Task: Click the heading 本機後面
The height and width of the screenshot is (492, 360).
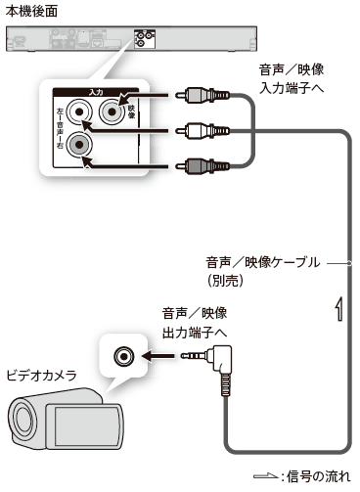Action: coord(31,12)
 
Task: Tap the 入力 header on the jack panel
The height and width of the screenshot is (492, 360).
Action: coord(96,92)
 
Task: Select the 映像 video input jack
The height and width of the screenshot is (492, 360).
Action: coord(112,112)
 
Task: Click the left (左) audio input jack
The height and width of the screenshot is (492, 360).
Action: coord(79,112)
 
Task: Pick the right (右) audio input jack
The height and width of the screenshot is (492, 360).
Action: coord(79,144)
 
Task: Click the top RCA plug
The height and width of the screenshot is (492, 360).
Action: coord(202,96)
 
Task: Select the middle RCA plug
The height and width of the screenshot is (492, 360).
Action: coord(202,131)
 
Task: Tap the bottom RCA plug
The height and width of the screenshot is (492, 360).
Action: coord(202,166)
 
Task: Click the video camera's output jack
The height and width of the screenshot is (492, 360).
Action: coord(124,356)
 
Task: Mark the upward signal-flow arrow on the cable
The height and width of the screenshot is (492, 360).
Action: coord(339,309)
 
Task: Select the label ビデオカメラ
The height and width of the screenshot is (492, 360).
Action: coord(41,376)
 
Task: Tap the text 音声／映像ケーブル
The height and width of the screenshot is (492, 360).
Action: coord(263,262)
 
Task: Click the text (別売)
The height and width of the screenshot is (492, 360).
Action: coord(225,281)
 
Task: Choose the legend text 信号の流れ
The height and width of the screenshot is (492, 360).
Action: coord(318,476)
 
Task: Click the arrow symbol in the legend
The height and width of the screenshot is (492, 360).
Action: coord(265,476)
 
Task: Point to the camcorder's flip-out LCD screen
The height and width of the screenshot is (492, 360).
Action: coord(86,426)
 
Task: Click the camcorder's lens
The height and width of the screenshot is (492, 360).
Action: coord(22,420)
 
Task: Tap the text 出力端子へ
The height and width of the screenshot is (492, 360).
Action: coord(195,333)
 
